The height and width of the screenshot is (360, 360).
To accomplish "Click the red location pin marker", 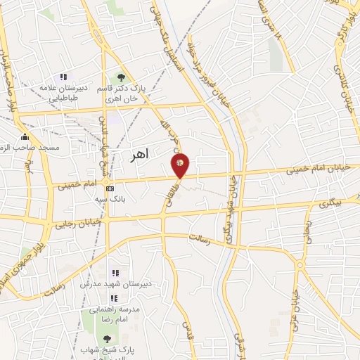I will tap(181, 164).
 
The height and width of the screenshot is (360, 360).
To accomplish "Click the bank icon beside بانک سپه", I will tap(110, 188).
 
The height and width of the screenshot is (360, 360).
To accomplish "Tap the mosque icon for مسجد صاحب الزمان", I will tap(25, 136).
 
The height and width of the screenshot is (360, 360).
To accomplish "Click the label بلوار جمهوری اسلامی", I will tap(13, 264).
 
